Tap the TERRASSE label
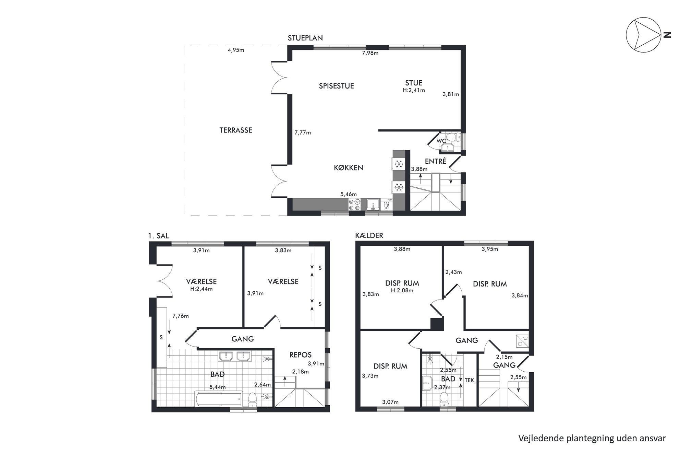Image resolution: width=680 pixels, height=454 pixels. [x=236, y=130]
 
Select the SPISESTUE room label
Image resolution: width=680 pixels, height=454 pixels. [x=336, y=86]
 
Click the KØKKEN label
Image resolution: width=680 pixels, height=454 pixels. [x=348, y=168]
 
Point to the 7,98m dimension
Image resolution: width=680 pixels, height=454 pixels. [x=370, y=53]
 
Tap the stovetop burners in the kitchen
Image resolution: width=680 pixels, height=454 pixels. [x=354, y=205]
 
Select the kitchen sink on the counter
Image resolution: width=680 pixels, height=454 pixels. [x=373, y=205]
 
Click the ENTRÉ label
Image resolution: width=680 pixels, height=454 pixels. [x=435, y=161]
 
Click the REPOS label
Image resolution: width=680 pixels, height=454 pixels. [x=301, y=355]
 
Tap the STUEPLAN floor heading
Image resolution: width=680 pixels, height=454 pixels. [x=305, y=38]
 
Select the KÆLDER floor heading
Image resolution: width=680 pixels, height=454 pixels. [x=369, y=236]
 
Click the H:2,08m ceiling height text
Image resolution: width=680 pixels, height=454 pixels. [x=402, y=291]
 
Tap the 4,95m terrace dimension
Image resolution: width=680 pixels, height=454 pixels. [x=236, y=50]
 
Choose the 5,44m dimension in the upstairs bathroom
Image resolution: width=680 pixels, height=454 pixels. [x=217, y=387]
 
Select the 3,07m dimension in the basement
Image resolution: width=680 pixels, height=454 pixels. [x=390, y=402]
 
